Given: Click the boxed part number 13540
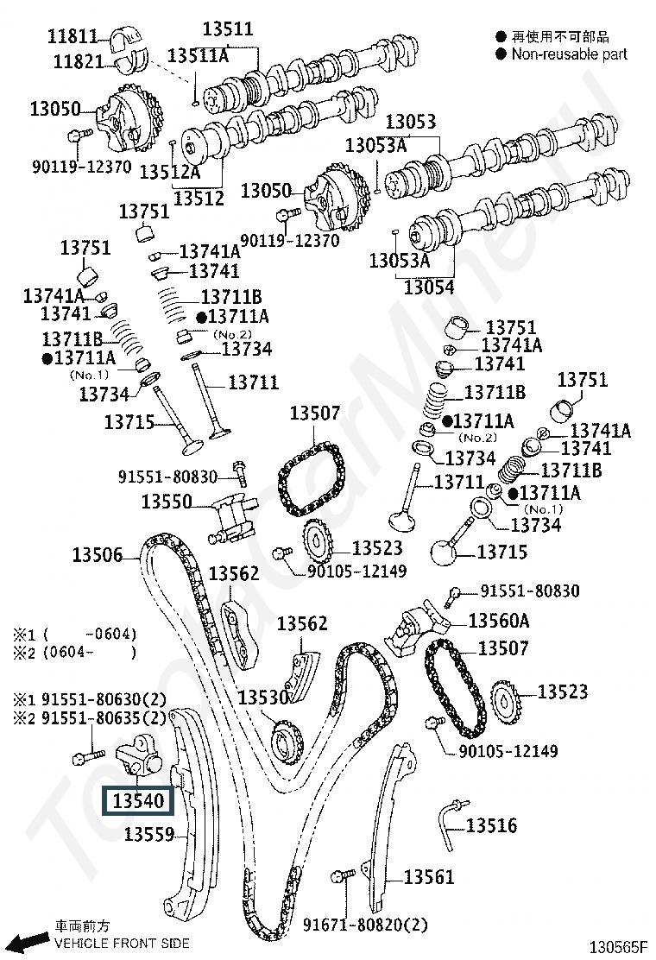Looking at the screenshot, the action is [x=138, y=800].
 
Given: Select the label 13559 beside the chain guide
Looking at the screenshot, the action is [x=149, y=834].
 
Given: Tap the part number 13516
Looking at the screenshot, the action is [x=491, y=825].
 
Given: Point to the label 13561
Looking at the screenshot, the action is [x=429, y=877].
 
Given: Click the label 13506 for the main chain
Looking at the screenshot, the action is [x=98, y=555].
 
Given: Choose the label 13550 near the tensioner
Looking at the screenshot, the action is [x=167, y=502].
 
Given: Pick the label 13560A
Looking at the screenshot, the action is [x=499, y=621].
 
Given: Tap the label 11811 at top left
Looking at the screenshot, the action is [x=73, y=36].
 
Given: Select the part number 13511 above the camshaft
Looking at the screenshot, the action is [x=228, y=28].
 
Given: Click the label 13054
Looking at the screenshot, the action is [x=429, y=287].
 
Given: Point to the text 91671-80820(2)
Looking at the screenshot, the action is [x=365, y=925].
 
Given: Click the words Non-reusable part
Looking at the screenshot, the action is [x=569, y=54].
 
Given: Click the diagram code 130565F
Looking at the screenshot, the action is [x=618, y=947].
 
